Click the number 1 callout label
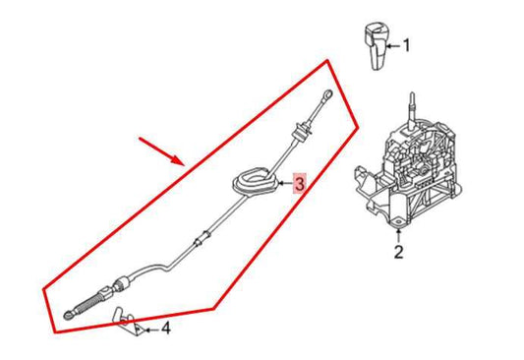406,45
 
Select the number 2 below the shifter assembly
398,254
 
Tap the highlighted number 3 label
300,183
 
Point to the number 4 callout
166,328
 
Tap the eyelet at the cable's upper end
328,95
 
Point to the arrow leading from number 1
390,45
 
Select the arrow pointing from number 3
285,183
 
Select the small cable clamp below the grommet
203,240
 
